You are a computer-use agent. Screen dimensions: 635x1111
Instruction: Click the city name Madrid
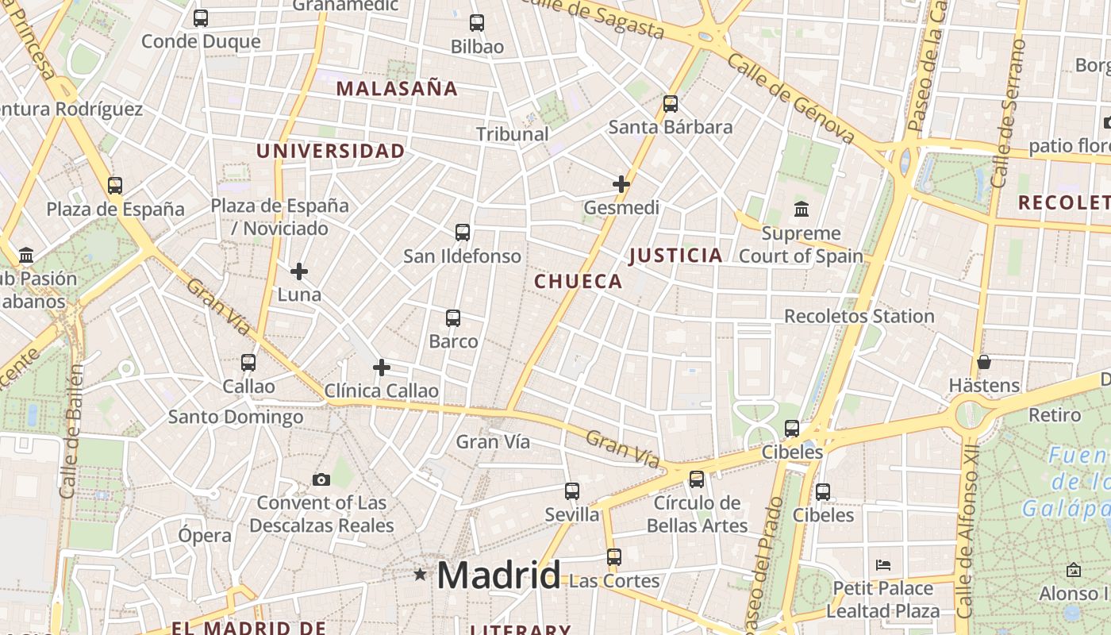[x=498, y=575]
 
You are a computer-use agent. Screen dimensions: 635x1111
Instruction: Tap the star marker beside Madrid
[x=420, y=574]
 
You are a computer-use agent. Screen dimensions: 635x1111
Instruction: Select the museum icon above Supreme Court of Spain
[x=802, y=210]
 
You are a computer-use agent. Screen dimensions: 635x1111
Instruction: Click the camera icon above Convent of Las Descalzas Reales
[x=321, y=479]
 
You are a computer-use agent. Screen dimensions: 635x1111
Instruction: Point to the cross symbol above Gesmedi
[x=621, y=184]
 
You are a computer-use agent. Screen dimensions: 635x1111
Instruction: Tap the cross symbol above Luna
[x=299, y=271]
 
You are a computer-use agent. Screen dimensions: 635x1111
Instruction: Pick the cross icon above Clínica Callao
[x=382, y=368]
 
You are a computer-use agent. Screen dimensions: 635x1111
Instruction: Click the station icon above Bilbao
[x=477, y=23]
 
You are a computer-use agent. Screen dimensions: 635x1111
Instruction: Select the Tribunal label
[x=513, y=133]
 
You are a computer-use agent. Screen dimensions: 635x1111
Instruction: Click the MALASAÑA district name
[x=397, y=88]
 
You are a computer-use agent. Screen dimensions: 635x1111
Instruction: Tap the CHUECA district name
[x=579, y=281]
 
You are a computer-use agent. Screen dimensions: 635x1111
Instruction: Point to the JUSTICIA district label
[x=676, y=255]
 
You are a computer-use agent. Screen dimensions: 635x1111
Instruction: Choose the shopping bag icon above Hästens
[x=984, y=362]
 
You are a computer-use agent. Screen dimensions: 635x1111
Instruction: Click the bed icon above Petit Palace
[x=883, y=565]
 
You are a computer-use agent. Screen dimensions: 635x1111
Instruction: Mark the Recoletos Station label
[x=859, y=316]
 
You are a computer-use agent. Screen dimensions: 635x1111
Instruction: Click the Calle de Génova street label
[x=790, y=99]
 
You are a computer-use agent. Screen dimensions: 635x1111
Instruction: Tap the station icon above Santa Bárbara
[x=671, y=104]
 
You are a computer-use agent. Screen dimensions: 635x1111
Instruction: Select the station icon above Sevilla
[x=572, y=491]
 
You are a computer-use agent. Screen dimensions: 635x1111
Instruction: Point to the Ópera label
[x=205, y=535]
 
